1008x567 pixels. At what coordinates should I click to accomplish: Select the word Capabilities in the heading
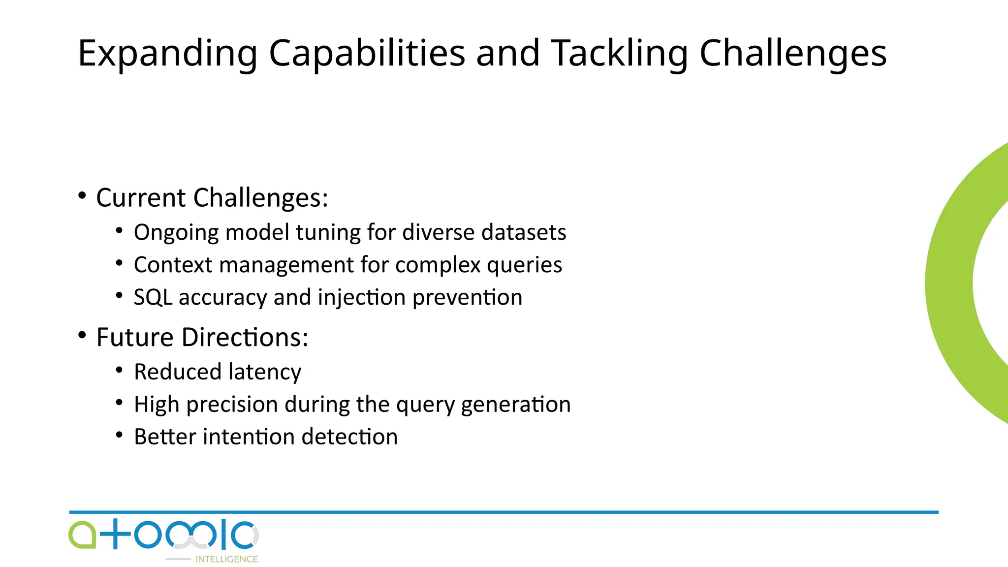click(367, 53)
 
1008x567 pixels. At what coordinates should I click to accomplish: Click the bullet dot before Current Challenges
click(82, 196)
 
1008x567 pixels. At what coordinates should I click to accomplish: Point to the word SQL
click(153, 298)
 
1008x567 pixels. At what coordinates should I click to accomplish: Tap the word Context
click(173, 265)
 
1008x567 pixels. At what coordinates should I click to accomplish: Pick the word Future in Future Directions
click(134, 338)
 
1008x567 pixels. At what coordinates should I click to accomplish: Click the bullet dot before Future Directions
click(82, 336)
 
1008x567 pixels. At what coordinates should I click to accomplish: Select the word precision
click(232, 405)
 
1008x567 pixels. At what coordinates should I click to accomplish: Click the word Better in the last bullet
click(165, 437)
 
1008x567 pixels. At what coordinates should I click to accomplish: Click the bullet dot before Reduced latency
click(119, 370)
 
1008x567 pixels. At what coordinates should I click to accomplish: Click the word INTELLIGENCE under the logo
click(226, 559)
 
